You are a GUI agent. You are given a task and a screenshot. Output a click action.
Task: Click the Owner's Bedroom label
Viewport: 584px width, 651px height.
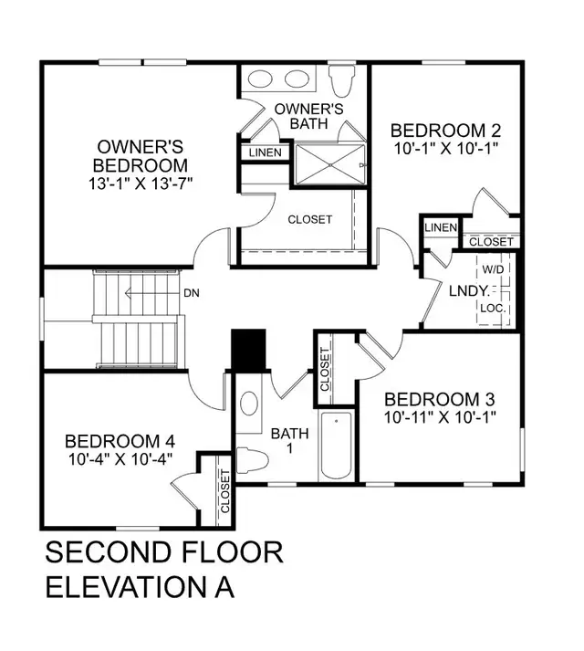141,156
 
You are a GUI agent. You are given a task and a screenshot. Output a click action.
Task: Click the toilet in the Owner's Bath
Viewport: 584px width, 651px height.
342,81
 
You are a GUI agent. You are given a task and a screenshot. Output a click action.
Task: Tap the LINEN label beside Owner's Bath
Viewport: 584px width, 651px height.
266,153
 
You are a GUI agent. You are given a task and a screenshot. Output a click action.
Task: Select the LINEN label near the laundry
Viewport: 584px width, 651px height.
441,227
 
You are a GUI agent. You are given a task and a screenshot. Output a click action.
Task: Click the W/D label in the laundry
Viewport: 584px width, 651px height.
494,270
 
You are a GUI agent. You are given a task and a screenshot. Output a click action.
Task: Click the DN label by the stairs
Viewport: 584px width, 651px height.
192,293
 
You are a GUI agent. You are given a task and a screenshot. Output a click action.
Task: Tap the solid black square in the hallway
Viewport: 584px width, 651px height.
247,350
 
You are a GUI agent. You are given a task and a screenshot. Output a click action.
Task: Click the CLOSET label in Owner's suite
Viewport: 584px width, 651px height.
310,220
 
